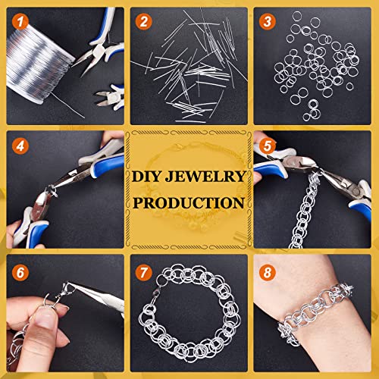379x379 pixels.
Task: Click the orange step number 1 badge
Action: coord(20,22)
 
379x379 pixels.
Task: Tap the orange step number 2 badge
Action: coord(143,21)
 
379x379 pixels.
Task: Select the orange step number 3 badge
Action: coord(268,21)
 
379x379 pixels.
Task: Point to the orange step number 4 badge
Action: coord(20,146)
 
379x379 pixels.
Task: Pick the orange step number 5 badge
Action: coord(268,146)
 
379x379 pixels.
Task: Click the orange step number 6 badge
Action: coord(20,273)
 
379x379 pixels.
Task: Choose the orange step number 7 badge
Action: coord(143,273)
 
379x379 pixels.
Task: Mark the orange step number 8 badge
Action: coord(268,273)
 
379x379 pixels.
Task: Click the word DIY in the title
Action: coord(146,177)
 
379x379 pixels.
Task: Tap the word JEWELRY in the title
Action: coord(205,177)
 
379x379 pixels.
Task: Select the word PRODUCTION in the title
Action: coord(189,203)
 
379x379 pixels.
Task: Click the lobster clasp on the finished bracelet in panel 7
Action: coord(155,295)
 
